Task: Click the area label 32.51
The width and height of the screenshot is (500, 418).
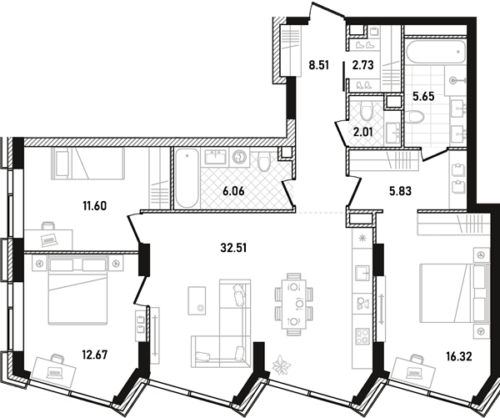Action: pyautogui.click(x=233, y=248)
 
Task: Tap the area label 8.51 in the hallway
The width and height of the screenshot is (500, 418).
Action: pyautogui.click(x=318, y=65)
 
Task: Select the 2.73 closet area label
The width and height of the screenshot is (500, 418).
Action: pyautogui.click(x=362, y=65)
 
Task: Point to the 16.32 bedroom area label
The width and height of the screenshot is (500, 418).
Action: pyautogui.click(x=458, y=356)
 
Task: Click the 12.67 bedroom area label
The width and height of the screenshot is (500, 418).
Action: pyautogui.click(x=95, y=355)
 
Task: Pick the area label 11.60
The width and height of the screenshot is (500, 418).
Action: pyautogui.click(x=94, y=206)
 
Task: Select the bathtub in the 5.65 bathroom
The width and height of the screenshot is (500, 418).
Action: pyautogui.click(x=435, y=52)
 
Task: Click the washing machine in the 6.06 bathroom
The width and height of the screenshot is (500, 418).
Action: pyautogui.click(x=239, y=158)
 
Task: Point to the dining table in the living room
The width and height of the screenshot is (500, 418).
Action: pyautogui.click(x=293, y=304)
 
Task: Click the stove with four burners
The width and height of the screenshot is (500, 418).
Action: pyautogui.click(x=362, y=336)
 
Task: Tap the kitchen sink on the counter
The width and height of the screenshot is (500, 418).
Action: pyautogui.click(x=362, y=272)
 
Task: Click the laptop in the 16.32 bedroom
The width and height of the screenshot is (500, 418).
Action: pyautogui.click(x=415, y=372)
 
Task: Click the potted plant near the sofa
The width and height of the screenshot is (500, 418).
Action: pyautogui.click(x=282, y=364)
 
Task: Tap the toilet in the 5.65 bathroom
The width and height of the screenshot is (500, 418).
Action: pyautogui.click(x=414, y=117)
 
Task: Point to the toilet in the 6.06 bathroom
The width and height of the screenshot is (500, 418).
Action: pyautogui.click(x=263, y=161)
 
